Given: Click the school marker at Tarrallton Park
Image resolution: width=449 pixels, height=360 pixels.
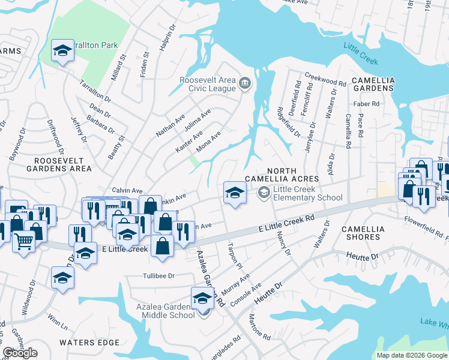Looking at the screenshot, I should coord(62,51).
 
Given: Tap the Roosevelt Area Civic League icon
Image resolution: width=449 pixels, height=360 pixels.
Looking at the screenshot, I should coord(245,83).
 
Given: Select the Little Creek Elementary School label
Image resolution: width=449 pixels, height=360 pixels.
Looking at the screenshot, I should coord(307,193).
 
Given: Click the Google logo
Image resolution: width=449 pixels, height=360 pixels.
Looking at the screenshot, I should coord(20,353).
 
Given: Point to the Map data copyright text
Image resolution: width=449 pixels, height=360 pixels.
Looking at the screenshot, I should coord(412,355).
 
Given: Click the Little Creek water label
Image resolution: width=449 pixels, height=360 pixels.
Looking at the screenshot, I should coord(360,52).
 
